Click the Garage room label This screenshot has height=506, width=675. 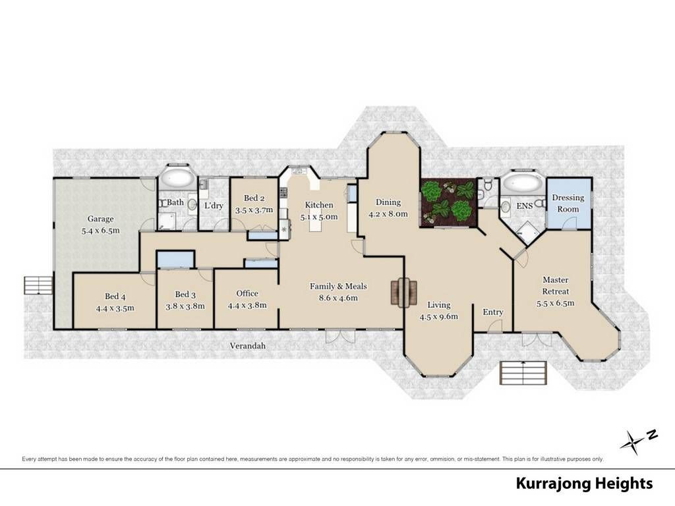(x=100, y=219)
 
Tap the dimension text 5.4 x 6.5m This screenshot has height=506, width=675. (x=101, y=230)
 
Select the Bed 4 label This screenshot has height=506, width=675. (x=115, y=296)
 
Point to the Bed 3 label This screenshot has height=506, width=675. (x=185, y=295)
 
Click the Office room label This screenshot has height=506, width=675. (x=247, y=293)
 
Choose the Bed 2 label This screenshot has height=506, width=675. (x=254, y=198)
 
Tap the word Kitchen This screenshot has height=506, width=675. (x=319, y=206)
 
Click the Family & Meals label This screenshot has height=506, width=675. (x=338, y=286)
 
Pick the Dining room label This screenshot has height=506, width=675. (x=388, y=202)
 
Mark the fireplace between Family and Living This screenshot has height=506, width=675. (x=404, y=293)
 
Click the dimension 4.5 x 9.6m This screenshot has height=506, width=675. (x=438, y=317)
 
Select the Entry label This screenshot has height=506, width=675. (x=493, y=312)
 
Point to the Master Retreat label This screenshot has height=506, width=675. (x=555, y=286)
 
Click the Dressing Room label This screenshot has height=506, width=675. (x=568, y=203)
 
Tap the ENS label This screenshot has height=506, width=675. (x=524, y=206)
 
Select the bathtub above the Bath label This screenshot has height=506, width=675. (x=177, y=178)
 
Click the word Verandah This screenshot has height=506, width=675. (x=248, y=346)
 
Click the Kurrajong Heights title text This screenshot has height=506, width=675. (x=584, y=483)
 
